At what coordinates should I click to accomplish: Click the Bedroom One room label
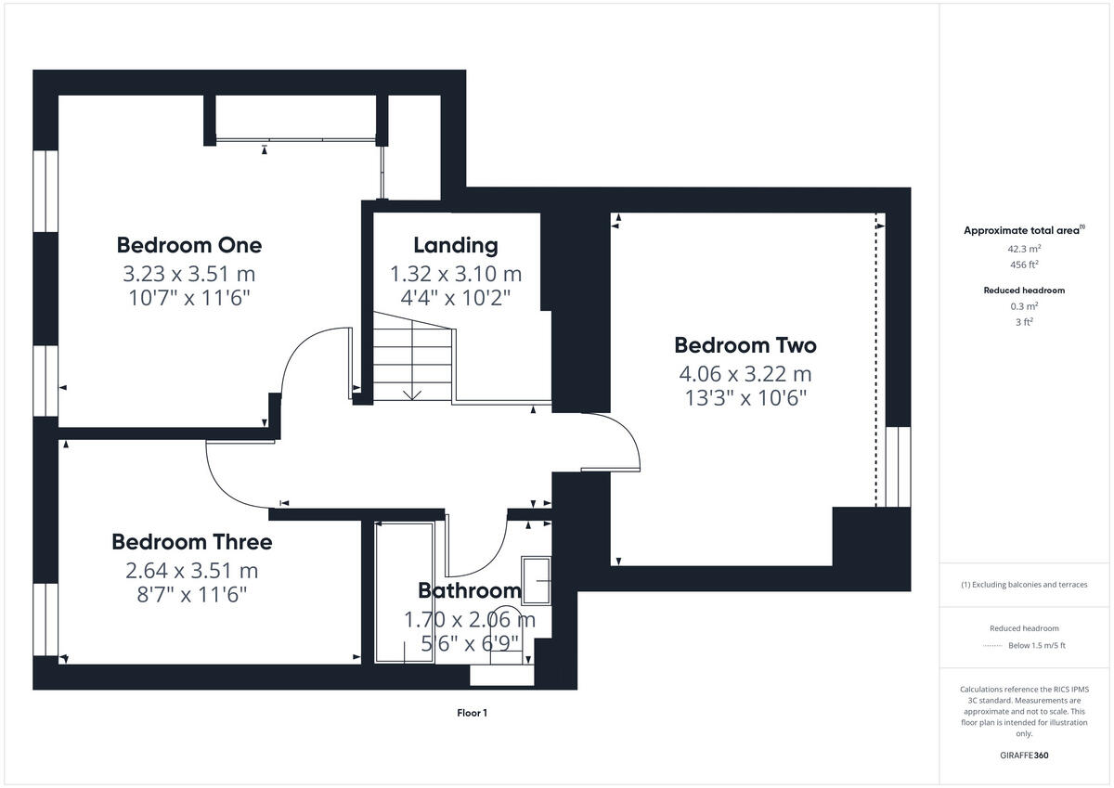188,245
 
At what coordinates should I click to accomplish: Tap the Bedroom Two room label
745,345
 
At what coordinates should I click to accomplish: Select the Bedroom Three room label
191,541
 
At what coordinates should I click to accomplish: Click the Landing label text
455,245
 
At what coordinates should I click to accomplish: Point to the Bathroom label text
469,590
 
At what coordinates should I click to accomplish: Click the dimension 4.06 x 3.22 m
745,374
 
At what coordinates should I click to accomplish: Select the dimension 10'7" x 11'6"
188,298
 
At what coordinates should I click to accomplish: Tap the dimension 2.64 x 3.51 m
191,569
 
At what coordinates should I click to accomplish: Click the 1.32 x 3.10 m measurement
455,274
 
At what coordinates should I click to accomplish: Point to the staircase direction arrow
412,393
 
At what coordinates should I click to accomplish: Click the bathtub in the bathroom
403,592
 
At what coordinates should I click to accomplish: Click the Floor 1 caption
472,713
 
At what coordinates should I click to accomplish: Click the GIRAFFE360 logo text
1024,756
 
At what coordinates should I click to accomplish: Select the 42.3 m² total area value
1024,249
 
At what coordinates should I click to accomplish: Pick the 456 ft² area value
1024,265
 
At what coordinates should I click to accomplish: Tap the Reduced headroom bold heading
1024,291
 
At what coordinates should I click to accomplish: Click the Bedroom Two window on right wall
898,466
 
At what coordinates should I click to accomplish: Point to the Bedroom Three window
45,619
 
